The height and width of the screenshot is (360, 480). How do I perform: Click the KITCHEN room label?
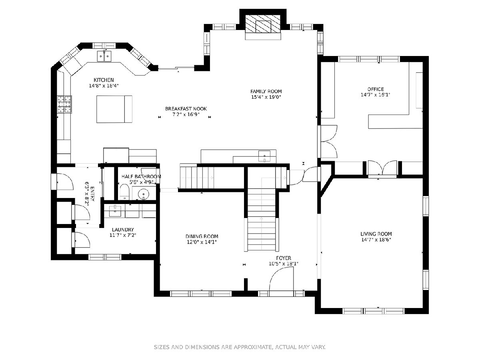pos(104,80)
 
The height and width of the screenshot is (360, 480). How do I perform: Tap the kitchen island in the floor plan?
pos(114,109)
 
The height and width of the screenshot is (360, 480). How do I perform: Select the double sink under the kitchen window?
pos(104,56)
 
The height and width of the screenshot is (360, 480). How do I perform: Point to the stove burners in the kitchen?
pos(64,104)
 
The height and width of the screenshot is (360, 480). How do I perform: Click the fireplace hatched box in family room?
pos(263,24)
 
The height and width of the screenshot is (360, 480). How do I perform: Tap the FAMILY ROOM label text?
pos(266,91)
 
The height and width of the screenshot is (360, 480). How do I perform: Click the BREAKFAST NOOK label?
pos(186,109)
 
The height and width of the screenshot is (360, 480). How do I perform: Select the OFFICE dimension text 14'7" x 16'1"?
pos(376,95)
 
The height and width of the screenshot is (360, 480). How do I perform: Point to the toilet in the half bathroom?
pos(125,192)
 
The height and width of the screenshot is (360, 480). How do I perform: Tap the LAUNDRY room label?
pos(123,230)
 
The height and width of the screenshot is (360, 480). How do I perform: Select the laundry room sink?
pos(115,211)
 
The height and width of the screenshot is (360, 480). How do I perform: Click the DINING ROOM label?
pos(202,236)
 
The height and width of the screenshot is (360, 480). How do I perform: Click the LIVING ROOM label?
pos(376,234)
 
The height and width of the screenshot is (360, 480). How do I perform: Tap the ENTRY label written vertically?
pos(92,194)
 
